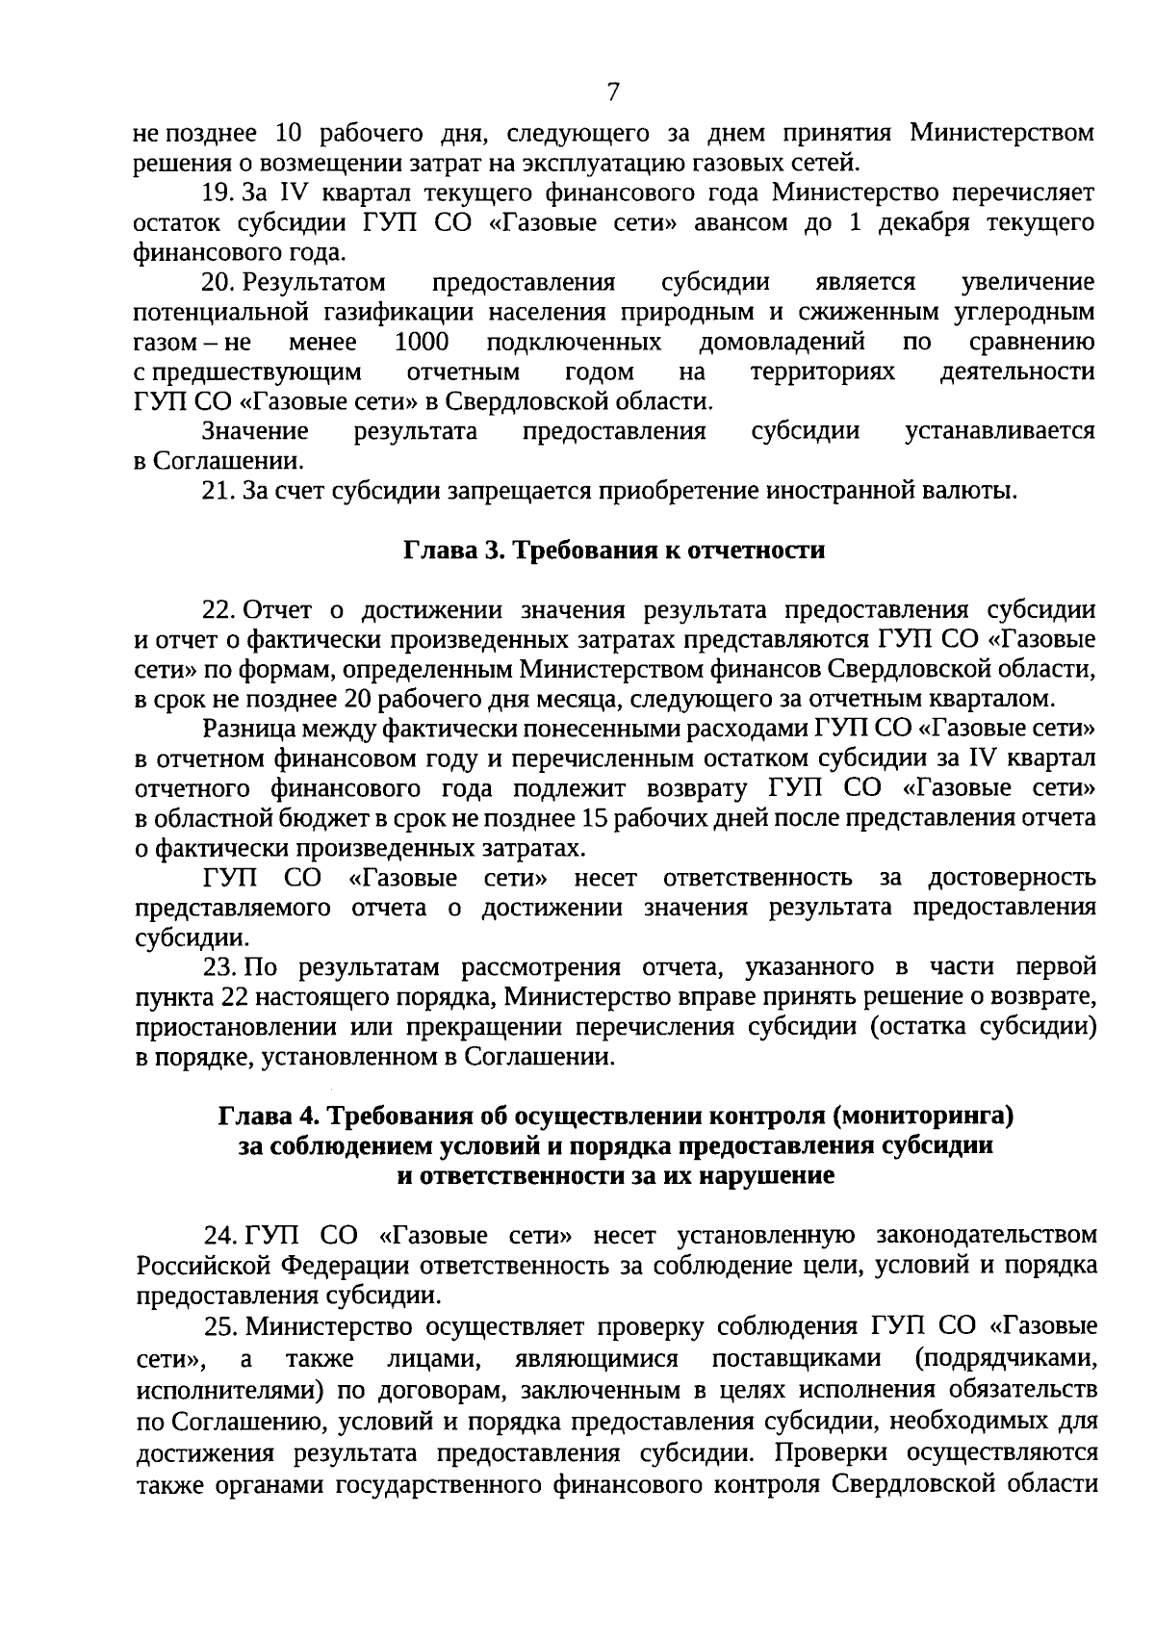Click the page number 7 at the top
click(x=613, y=91)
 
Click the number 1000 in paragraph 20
click(x=422, y=343)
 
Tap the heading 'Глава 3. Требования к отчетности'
click(x=613, y=552)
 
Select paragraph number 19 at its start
click(x=218, y=193)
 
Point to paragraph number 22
click(x=218, y=611)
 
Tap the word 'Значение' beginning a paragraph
click(x=255, y=432)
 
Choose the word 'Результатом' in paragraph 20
click(x=314, y=283)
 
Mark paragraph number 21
click(x=218, y=492)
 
